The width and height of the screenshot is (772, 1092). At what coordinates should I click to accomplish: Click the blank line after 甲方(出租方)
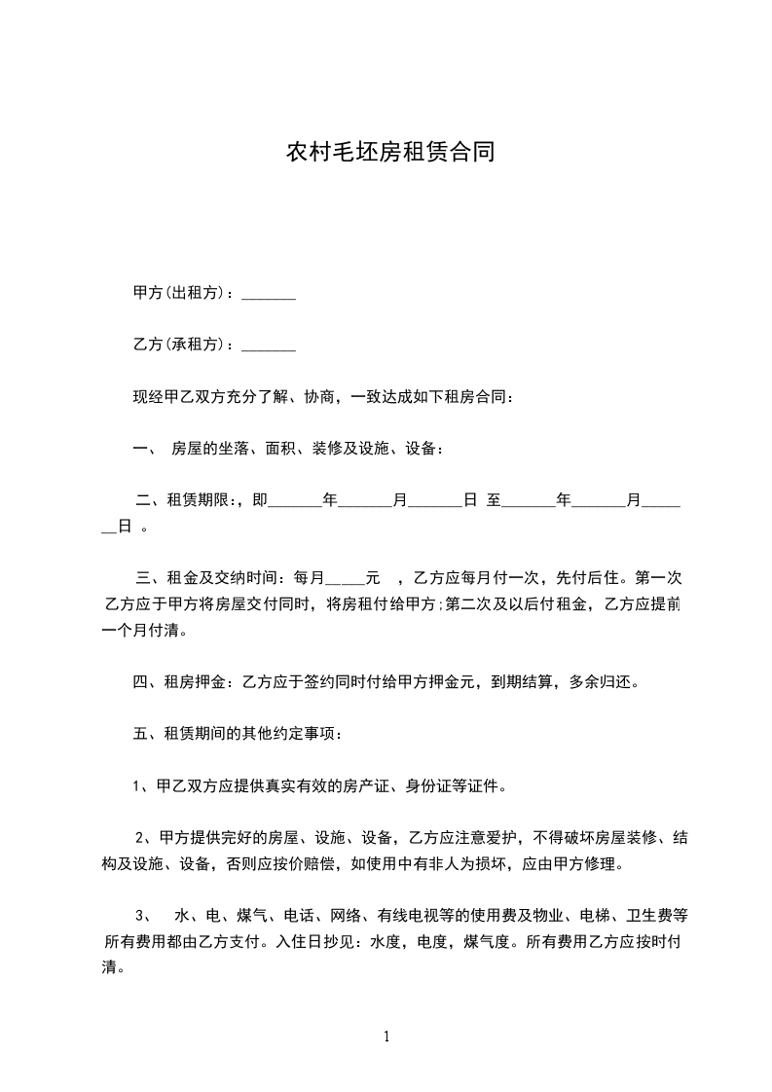268,293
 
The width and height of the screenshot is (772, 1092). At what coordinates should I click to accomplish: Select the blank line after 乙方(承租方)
268,346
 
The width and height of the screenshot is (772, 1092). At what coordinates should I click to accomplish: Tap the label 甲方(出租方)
182,293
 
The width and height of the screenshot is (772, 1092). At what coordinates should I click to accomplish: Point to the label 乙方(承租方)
182,346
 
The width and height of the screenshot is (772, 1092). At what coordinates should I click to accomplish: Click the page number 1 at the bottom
386,1037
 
